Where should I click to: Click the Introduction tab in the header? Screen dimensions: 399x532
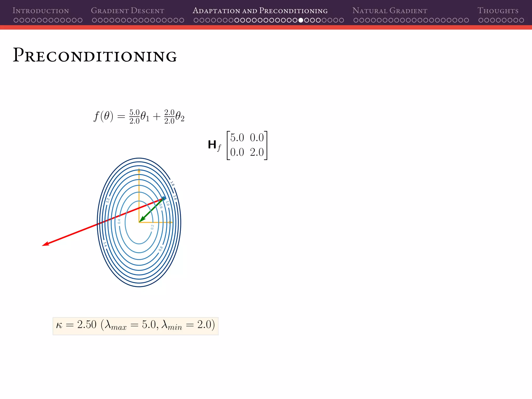click(x=41, y=11)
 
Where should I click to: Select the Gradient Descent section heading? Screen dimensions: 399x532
click(x=127, y=11)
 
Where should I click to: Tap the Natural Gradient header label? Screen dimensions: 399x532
click(x=390, y=11)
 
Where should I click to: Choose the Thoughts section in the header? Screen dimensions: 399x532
click(x=498, y=11)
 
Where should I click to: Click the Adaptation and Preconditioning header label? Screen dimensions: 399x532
click(x=260, y=11)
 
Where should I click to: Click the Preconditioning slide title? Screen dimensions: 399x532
click(x=95, y=55)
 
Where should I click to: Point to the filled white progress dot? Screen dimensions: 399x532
click(x=301, y=20)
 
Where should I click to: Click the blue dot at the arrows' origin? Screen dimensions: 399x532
click(x=164, y=198)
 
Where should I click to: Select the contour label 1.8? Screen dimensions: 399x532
click(x=172, y=184)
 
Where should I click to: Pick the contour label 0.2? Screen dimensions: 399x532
click(x=152, y=227)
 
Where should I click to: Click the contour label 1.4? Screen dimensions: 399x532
click(x=105, y=244)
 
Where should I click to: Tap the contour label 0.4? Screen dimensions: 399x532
click(x=119, y=221)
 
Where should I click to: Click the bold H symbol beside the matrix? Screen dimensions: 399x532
click(x=212, y=145)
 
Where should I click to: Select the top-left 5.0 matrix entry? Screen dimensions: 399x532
click(x=237, y=138)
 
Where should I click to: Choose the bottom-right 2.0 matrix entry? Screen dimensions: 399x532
click(x=257, y=152)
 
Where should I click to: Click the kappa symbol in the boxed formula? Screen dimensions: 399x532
click(x=59, y=325)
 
